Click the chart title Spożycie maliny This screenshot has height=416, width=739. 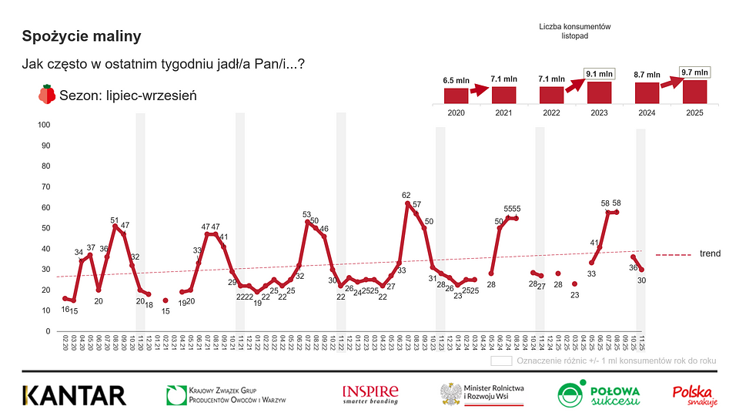coord(82,36)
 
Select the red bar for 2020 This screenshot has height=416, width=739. coord(456,96)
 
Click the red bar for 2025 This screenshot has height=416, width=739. coord(694,92)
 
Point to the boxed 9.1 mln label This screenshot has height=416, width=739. coord(599,74)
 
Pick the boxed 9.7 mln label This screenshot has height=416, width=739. coord(694,72)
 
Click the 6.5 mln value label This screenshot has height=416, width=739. coord(456,80)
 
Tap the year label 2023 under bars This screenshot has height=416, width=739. coord(599,113)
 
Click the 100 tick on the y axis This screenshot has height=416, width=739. coord(44,125)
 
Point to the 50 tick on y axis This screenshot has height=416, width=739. coord(46,228)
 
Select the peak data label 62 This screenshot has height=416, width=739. coord(407,196)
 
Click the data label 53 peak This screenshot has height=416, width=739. coord(306,214)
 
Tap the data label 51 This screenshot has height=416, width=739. coord(115,219)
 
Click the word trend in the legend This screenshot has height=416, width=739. coord(710,253)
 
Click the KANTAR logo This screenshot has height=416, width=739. coord(74,395)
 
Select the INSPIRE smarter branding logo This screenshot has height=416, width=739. coord(370,394)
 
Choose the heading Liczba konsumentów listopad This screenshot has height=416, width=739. coord(575,31)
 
